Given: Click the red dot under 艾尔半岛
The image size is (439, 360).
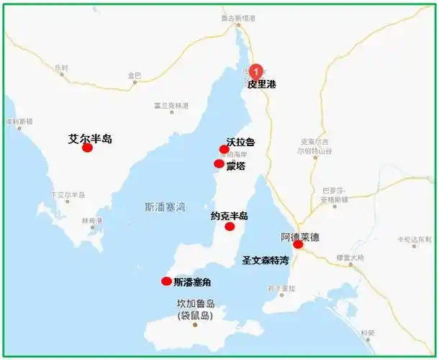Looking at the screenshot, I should coord(87,148).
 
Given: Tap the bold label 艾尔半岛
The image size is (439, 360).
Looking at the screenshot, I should coord(90,138).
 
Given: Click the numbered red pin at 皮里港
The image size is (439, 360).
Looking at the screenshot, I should coord(256,72).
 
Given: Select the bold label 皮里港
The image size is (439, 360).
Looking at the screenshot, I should coord(261,84).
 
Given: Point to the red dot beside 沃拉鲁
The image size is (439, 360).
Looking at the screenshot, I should coord(224,150).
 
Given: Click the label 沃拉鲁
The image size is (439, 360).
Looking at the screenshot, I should coord(240,143).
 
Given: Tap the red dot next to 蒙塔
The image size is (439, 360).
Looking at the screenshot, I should coord(219,164).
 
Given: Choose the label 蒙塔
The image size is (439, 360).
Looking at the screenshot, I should coord(235,166).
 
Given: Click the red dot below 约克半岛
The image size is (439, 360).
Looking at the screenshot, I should coord(230,227).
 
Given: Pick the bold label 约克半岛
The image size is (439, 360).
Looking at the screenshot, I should coord(230,216).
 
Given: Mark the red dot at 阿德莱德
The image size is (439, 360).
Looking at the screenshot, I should coord(298,245).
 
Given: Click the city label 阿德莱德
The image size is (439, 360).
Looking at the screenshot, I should coord(300,236).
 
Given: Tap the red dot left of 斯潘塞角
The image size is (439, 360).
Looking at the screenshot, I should coord(166,282).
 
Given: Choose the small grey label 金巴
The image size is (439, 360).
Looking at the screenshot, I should coord(135,76).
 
